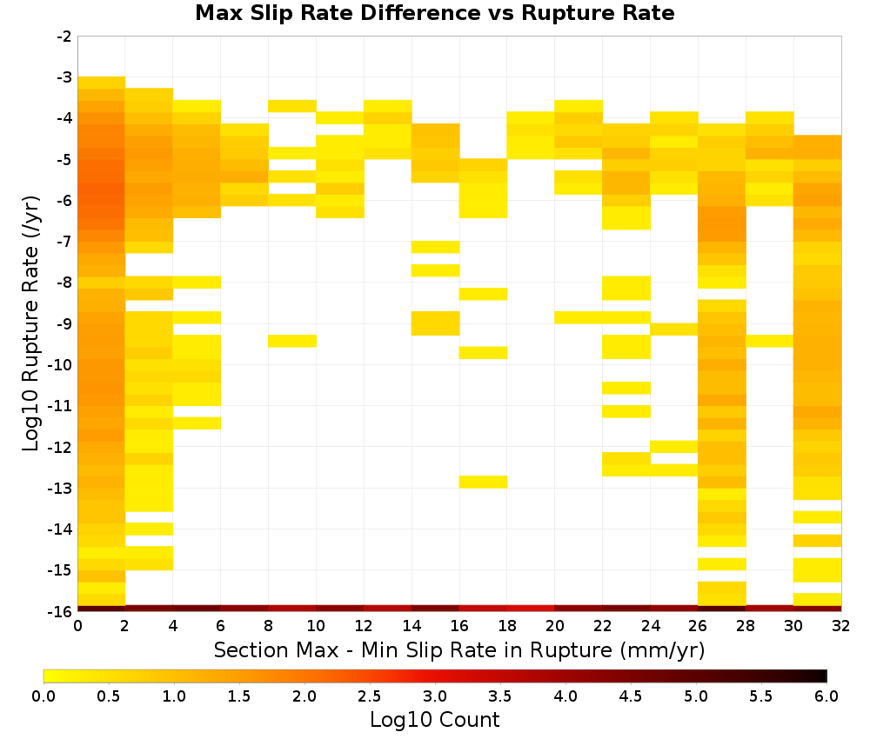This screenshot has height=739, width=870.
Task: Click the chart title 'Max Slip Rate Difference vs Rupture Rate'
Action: (434, 13)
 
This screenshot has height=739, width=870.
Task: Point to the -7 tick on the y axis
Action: (64, 242)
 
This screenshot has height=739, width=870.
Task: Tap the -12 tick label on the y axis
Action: (61, 448)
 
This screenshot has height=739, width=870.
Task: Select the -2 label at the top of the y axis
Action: (64, 37)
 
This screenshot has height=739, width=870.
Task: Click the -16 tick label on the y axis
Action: (61, 611)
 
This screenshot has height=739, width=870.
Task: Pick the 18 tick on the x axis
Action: (507, 626)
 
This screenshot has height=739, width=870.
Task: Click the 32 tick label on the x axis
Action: (841, 626)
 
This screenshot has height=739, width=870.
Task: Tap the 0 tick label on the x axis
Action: (77, 626)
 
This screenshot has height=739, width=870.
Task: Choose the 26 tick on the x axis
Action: (698, 626)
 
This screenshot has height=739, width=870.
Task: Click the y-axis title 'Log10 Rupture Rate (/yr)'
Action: (30, 323)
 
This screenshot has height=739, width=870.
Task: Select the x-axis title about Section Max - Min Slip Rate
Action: (459, 650)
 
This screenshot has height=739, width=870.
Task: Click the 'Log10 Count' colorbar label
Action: (435, 720)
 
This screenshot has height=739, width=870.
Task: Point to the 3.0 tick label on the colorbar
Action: (435, 696)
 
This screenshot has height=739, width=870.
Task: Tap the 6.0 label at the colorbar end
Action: (826, 696)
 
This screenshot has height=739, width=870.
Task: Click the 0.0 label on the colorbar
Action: (43, 696)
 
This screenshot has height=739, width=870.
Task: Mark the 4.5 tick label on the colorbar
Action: (631, 696)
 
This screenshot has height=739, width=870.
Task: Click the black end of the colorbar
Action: (823, 676)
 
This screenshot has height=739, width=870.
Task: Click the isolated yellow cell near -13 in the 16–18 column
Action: (483, 482)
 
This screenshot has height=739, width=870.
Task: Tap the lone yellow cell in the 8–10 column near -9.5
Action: (292, 341)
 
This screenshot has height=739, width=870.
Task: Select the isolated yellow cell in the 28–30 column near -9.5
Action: (770, 341)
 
